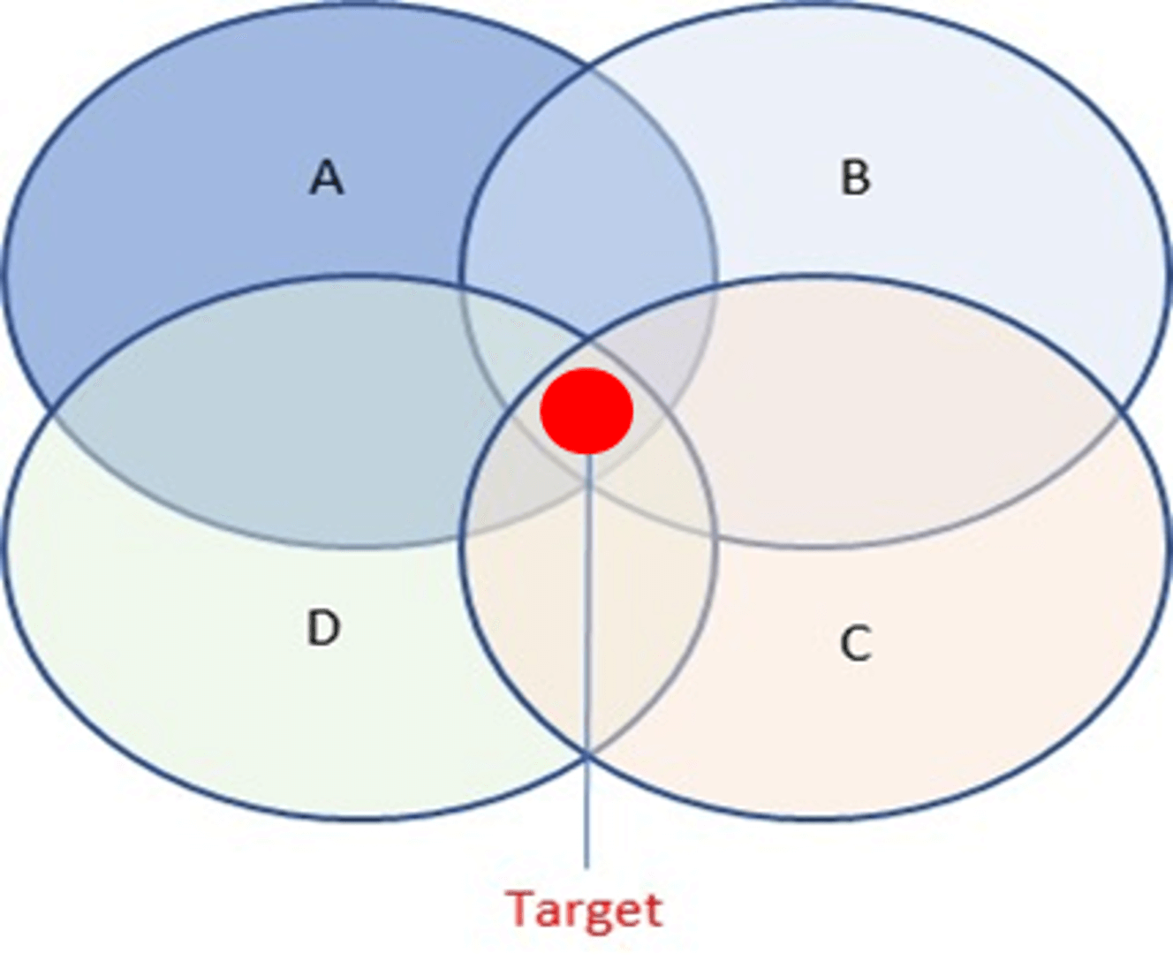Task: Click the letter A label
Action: [x=327, y=177]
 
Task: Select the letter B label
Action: [x=855, y=177]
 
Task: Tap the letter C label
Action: [x=856, y=643]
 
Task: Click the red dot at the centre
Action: [x=586, y=411]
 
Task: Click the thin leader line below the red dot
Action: [x=587, y=661]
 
